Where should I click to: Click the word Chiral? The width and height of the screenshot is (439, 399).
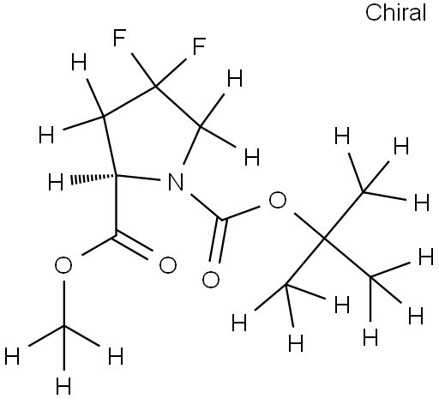point(395,13)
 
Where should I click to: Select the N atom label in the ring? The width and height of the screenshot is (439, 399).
point(176,182)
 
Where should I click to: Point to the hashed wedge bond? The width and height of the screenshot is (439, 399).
point(93,178)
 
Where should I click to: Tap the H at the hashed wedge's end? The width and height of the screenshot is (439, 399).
point(56,182)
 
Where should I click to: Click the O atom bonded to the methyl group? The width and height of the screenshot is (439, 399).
point(63,265)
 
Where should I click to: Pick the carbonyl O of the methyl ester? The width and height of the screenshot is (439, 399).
point(168,265)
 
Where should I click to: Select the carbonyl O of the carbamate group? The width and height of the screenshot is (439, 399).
point(211,279)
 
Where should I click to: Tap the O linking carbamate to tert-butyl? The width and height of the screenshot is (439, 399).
point(278,200)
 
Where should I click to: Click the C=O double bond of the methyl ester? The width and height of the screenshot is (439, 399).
point(133,247)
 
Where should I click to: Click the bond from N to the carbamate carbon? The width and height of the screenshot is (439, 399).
point(207,207)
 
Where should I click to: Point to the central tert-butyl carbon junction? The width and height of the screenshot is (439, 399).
point(324,237)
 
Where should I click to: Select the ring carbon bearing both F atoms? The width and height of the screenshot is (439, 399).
point(155,86)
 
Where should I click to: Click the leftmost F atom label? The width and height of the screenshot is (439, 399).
point(119,38)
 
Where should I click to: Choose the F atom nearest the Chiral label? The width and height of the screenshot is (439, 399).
point(199,46)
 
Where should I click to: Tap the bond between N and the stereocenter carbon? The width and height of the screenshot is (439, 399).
point(138,177)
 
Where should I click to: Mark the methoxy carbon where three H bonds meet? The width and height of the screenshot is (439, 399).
point(64,326)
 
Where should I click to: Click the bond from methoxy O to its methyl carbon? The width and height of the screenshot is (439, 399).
point(64,303)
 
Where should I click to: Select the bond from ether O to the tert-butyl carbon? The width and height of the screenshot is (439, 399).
point(309,225)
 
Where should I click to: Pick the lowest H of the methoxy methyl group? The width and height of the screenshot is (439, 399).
point(63,386)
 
